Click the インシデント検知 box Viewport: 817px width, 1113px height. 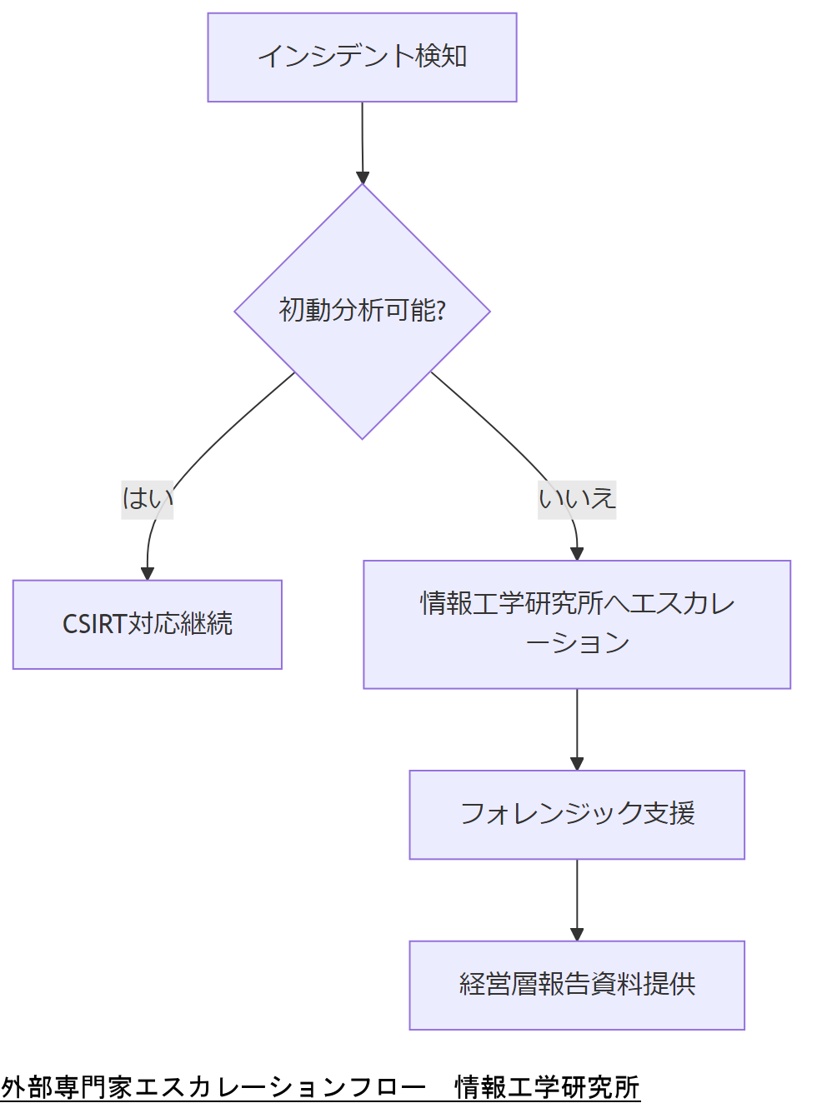tap(362, 57)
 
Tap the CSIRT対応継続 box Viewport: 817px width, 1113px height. tap(148, 624)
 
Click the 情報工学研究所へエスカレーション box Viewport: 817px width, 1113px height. tap(577, 624)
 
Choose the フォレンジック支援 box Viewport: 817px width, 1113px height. tap(577, 814)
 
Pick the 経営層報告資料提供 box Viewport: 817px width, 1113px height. tap(577, 985)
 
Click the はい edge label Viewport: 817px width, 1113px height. tap(148, 499)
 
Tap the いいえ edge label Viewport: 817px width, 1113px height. tap(577, 499)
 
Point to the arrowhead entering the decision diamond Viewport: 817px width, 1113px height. tap(363, 177)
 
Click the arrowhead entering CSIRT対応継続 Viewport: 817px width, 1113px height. tap(148, 573)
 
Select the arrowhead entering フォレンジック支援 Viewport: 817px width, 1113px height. tap(577, 763)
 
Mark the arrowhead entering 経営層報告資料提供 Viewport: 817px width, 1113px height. tap(577, 934)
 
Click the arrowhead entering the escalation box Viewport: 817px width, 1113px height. tap(577, 554)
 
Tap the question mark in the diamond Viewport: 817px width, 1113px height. tap(441, 311)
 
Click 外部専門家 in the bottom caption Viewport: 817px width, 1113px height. tap(67, 1087)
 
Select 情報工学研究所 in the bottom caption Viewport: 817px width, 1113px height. tap(547, 1087)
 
